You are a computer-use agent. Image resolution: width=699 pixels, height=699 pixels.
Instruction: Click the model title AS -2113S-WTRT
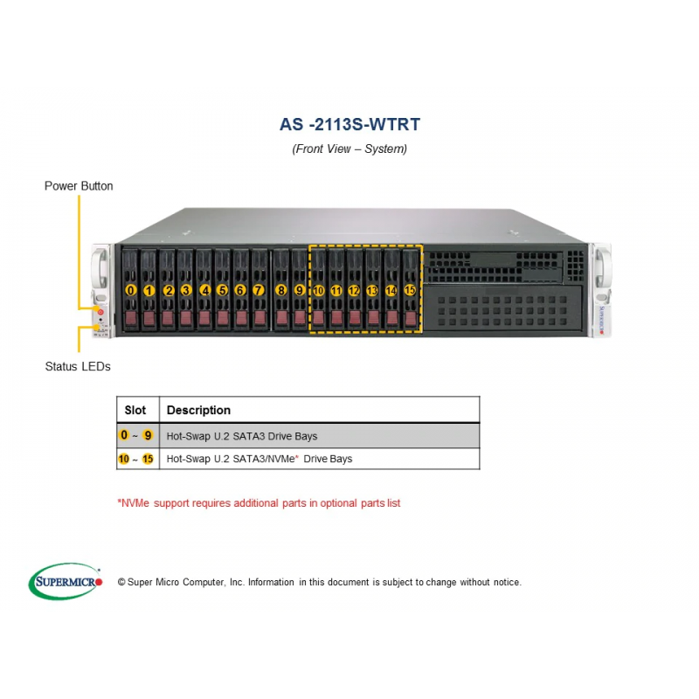349,124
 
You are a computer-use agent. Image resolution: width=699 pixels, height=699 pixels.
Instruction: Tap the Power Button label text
79,186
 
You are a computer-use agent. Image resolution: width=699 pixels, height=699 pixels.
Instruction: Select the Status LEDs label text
78,366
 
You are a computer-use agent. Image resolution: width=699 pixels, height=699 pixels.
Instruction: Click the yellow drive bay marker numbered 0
131,290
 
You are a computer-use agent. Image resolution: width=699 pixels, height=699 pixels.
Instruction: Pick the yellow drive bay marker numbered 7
259,290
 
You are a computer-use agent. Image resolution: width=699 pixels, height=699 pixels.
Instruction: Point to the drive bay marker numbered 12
354,290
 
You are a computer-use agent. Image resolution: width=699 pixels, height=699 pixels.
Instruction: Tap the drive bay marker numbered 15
410,290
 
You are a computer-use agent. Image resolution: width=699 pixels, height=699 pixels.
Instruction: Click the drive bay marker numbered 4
204,290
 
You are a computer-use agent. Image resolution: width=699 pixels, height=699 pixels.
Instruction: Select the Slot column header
135,410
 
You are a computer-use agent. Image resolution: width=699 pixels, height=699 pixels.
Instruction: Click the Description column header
198,410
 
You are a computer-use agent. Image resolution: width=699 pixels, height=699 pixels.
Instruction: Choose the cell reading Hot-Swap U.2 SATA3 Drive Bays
242,435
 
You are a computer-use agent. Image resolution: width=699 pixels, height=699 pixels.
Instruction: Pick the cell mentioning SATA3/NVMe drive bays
260,458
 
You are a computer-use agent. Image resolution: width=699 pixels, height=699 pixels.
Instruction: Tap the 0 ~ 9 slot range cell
136,435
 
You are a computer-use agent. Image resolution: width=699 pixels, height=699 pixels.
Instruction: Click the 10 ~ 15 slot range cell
136,458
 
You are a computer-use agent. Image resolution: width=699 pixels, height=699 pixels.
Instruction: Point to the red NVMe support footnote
259,503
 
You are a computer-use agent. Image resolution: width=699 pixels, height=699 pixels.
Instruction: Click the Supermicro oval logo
66,581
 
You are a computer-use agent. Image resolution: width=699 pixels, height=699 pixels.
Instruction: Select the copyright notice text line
319,582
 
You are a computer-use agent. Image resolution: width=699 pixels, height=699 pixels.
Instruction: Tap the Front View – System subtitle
349,149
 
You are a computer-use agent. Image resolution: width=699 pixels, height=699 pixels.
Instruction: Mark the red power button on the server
100,310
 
